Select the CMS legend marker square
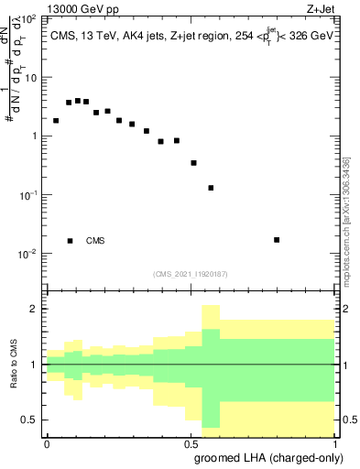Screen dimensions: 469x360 click(71, 241)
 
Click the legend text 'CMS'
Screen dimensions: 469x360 click(95, 241)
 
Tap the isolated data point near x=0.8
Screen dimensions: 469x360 click(277, 240)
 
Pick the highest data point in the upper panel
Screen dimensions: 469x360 click(78, 101)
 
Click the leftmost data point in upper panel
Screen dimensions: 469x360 click(56, 121)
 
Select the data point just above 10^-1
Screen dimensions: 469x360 click(211, 188)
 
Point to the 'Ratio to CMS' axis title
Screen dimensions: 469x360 click(13, 365)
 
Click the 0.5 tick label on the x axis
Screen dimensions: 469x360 click(191, 442)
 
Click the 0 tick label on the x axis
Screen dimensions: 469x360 click(47, 442)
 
